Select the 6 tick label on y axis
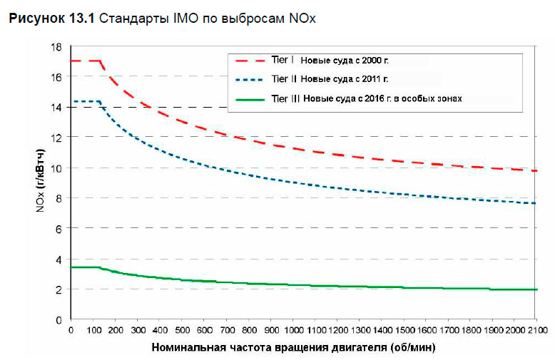click(x=58, y=228)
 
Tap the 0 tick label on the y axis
click(x=58, y=319)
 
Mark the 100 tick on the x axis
click(x=93, y=331)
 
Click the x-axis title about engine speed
click(x=293, y=348)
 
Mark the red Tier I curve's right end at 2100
click(x=535, y=170)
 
